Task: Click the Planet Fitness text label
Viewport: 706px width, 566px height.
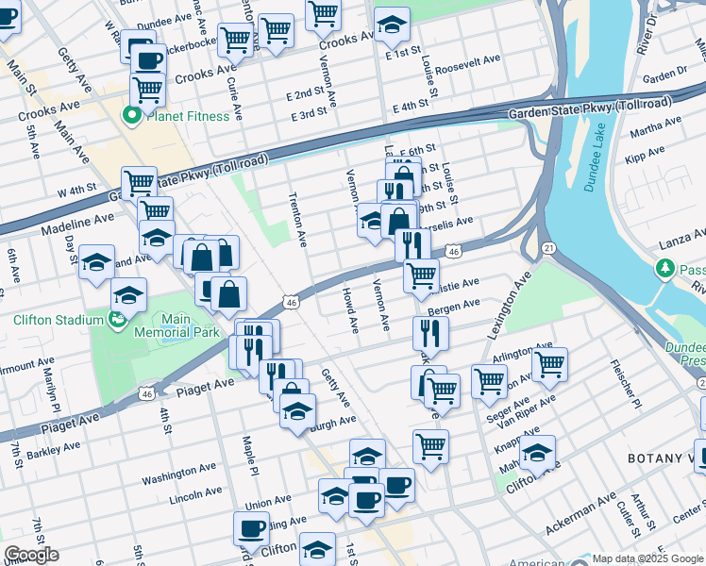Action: click(x=187, y=116)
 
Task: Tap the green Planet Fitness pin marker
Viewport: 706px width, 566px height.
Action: click(x=131, y=116)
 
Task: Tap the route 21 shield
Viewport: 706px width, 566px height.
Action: click(x=547, y=247)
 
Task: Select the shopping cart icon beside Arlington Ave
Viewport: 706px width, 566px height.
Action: click(x=549, y=363)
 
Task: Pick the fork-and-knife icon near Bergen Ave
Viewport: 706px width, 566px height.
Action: click(x=430, y=332)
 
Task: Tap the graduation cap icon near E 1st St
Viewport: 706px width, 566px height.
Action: click(x=392, y=25)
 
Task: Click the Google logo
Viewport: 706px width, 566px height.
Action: click(x=31, y=555)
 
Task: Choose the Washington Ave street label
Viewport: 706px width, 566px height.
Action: click(x=181, y=474)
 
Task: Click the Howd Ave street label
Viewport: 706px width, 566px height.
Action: click(x=350, y=310)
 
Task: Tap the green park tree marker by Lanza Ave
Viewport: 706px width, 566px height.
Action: click(x=664, y=270)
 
